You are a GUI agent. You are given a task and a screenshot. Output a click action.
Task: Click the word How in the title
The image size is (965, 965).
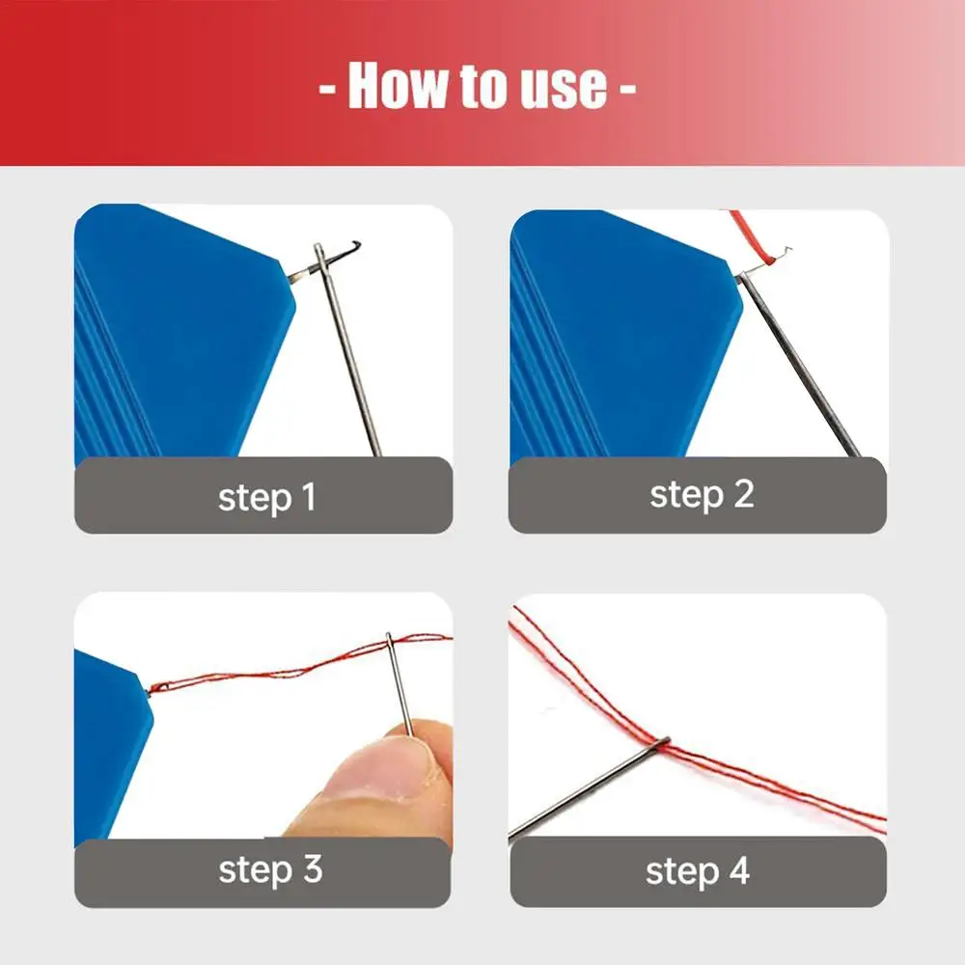tap(400, 86)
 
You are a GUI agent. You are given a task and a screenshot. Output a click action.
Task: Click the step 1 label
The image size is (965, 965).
tap(267, 497)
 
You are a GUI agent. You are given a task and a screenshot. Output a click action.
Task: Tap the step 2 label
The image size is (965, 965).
tap(702, 494)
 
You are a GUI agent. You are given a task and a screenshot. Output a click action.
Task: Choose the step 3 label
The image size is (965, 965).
tap(270, 869)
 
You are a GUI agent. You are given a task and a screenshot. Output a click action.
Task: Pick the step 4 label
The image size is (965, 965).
tap(698, 870)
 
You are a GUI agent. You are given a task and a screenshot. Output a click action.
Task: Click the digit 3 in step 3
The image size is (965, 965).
tap(313, 868)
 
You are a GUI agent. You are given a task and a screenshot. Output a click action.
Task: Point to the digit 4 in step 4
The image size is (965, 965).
tap(739, 869)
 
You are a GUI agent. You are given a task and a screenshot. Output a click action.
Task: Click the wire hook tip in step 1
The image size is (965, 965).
tap(356, 244)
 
